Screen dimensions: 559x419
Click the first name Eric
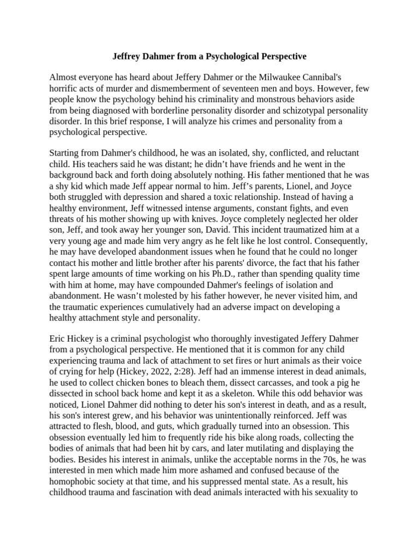click(58, 339)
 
